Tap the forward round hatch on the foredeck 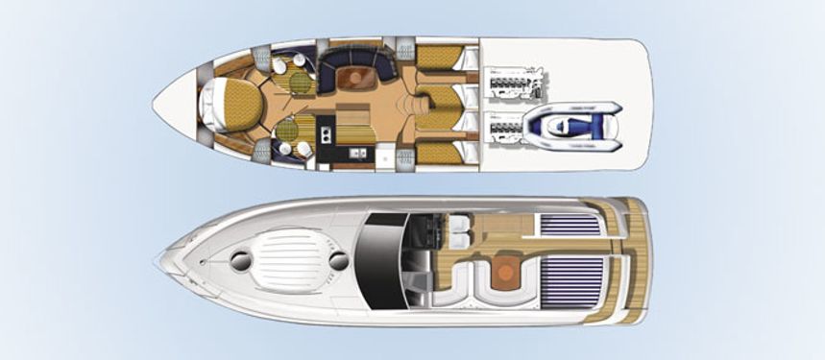[x=240, y=257]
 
